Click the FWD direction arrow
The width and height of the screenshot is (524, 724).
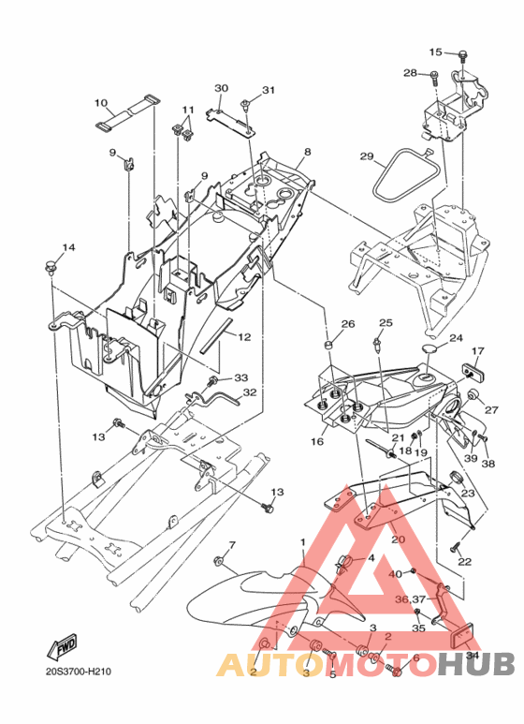click(62, 646)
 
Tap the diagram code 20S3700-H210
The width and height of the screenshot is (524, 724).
click(79, 672)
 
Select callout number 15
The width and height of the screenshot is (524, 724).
click(435, 52)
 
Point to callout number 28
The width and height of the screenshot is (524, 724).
click(410, 73)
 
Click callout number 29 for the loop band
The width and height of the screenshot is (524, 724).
click(367, 156)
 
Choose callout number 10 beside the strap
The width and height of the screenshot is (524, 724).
click(101, 102)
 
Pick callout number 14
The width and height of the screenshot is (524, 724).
click(68, 248)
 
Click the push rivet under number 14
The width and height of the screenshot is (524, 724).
click(50, 267)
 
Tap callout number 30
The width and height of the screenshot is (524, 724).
click(222, 88)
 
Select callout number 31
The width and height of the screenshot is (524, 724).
click(269, 90)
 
